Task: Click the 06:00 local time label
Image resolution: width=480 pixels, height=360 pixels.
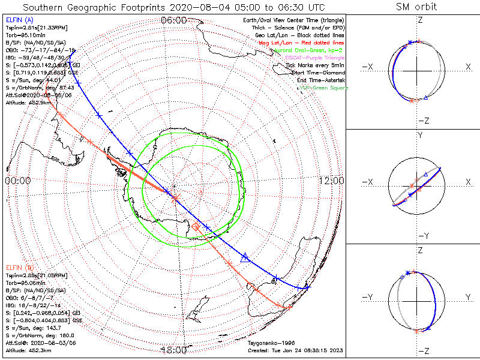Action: point(174,20)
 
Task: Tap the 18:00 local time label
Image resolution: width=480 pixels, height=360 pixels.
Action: point(174,350)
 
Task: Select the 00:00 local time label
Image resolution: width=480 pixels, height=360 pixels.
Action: point(18,181)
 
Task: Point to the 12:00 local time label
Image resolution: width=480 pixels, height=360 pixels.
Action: point(331,181)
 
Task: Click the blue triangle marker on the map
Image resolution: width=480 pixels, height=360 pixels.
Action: point(245,258)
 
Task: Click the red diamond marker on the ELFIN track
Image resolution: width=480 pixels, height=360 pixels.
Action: point(196,227)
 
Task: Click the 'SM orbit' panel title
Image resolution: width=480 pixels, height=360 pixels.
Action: point(416,7)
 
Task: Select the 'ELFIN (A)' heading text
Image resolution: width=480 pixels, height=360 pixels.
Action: point(19,20)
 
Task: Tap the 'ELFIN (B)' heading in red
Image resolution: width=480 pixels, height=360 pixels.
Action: point(19,267)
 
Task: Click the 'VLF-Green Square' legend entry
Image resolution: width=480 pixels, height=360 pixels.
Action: point(323,88)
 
